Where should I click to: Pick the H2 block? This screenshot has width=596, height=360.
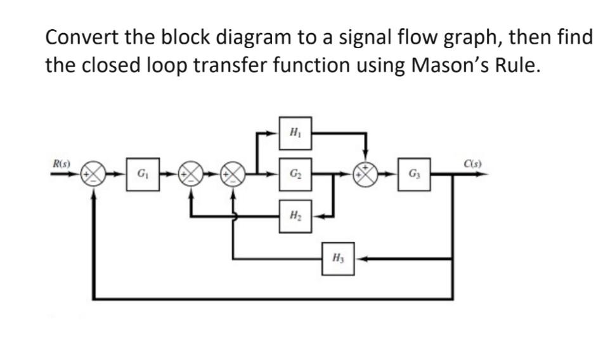[295, 215]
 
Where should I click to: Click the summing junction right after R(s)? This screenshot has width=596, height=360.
[94, 173]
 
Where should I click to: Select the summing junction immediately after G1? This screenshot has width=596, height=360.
[191, 173]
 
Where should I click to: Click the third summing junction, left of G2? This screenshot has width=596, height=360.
[233, 173]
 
